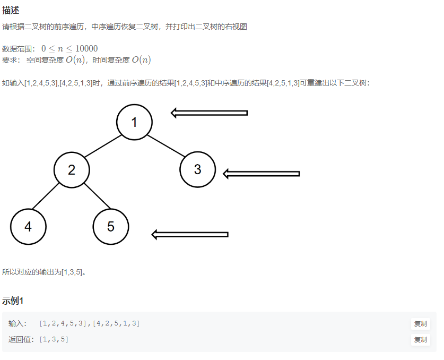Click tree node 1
pos(134,122)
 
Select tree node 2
pos(72,170)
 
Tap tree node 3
pos(197,169)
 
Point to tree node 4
pos(28,227)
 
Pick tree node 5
pos(110,227)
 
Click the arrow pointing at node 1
pos(209,113)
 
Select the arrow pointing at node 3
pos(261,174)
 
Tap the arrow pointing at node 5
pos(190,234)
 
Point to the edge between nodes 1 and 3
pos(165,145)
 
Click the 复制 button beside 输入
pos(420,323)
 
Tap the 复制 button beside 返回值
pos(420,339)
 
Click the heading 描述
pos(11,10)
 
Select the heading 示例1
pos(13,301)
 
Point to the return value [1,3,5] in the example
pos(54,339)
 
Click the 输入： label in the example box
pos(18,323)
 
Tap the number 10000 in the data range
pos(86,48)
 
